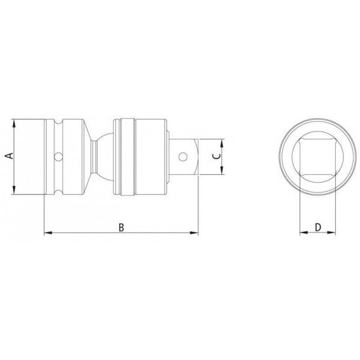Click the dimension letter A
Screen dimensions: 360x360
coord(9,156)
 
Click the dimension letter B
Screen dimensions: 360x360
coord(121,227)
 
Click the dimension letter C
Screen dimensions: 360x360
coord(217,156)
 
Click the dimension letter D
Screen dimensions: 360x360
coord(317,227)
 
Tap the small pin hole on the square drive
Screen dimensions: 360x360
coord(183,157)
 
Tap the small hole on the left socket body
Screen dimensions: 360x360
coord(58,157)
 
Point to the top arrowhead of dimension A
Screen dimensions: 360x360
coord(14,123)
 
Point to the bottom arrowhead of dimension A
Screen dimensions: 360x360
coord(14,190)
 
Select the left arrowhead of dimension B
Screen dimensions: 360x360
coord(48,233)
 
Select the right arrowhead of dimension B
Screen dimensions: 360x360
coord(194,233)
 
